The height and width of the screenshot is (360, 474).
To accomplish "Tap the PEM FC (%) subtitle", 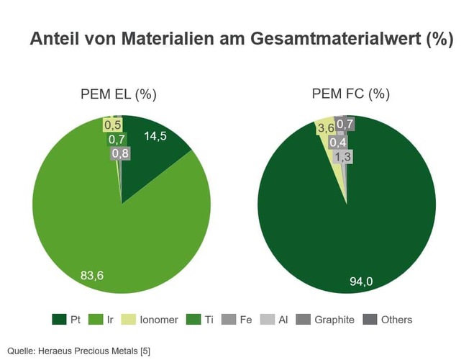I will (x=350, y=94).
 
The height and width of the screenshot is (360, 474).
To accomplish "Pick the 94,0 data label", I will (x=361, y=282).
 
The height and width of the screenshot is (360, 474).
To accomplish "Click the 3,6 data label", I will (x=326, y=128).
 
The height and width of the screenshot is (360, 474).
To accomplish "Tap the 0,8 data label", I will (x=120, y=153).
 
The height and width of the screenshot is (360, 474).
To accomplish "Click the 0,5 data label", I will (x=113, y=125).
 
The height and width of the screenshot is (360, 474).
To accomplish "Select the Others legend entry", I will (x=388, y=319).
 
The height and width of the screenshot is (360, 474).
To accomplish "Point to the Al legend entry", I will (x=275, y=319).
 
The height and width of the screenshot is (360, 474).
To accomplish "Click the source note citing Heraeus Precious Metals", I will (x=79, y=349).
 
